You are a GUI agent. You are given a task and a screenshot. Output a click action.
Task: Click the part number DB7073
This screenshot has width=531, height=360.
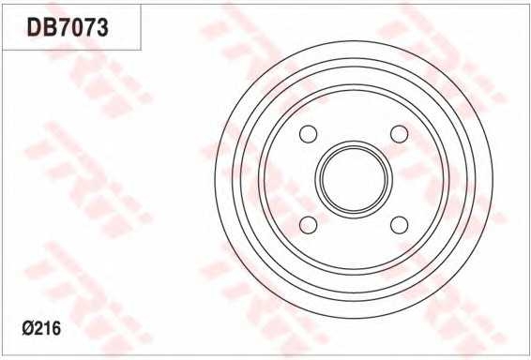pos(68,28)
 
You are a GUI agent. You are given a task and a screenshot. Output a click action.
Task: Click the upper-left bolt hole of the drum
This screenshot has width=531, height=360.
pos(308,134)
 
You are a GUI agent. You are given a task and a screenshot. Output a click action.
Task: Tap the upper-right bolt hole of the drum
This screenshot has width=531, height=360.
pos(399,134)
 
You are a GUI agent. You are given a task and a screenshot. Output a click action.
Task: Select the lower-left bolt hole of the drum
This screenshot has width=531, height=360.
pos(308,225)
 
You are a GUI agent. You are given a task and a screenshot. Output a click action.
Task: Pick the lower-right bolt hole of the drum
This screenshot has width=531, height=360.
pos(399,225)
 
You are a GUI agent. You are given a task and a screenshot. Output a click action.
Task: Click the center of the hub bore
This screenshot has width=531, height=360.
pos(353,179)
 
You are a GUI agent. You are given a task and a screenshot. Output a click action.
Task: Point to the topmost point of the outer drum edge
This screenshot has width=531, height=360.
pos(353,40)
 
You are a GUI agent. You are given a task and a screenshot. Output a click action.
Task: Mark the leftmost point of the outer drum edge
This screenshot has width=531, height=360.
pos(214,179)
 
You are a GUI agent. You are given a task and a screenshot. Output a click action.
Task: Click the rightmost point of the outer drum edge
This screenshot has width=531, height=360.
pos(493,179)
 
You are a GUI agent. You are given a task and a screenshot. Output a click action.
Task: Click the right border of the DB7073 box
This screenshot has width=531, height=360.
pos(141,28)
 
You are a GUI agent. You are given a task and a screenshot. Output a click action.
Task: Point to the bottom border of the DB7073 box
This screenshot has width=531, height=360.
pos(70,50)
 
